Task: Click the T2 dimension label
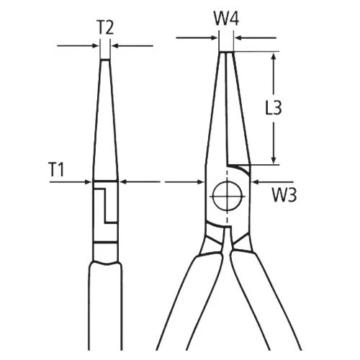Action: coord(105,28)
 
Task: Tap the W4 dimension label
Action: coord(226,19)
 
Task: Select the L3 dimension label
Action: coord(274,107)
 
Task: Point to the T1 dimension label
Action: coord(56,169)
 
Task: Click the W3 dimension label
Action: coord(284,194)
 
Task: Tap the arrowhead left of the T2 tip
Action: coord(96,45)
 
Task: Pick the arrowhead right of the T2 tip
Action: coord(114,45)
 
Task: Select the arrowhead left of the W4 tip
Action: coord(215,37)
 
